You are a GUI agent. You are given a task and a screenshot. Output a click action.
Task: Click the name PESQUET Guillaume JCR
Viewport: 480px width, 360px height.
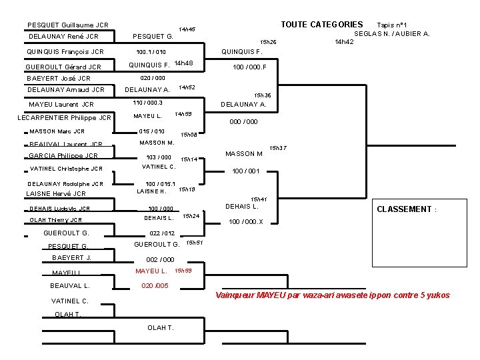click(x=67, y=25)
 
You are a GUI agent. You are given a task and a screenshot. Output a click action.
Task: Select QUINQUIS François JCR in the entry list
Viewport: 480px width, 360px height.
click(x=65, y=51)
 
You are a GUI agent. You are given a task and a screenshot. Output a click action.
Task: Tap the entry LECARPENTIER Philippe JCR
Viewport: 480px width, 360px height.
click(x=64, y=118)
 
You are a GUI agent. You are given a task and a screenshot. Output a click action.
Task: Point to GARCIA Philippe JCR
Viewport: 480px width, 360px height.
click(x=63, y=155)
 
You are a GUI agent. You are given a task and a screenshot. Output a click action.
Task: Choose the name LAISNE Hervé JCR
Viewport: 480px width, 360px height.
click(x=55, y=193)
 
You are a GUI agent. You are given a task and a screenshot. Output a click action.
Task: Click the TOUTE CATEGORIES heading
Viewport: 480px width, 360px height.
click(x=322, y=25)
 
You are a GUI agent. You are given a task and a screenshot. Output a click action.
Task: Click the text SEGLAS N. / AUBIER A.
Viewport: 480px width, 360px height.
click(x=392, y=33)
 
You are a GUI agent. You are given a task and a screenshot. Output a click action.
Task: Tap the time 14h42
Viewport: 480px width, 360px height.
click(x=344, y=41)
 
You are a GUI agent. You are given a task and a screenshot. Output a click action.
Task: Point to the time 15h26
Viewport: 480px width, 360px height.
click(x=268, y=42)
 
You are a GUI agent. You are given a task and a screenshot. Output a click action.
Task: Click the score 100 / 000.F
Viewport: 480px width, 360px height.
click(x=249, y=67)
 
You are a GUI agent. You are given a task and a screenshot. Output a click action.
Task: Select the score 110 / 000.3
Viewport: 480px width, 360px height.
click(x=148, y=103)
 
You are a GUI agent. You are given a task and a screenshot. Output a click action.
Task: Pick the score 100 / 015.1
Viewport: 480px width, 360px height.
click(x=161, y=183)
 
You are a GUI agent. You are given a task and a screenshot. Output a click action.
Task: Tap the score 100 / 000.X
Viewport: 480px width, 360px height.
click(x=246, y=222)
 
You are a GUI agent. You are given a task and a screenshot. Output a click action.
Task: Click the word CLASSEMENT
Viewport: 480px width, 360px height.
click(x=404, y=209)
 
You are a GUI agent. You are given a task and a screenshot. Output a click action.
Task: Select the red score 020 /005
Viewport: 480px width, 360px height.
click(x=155, y=285)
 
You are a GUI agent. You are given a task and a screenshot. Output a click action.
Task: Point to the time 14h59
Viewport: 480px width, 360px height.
click(x=183, y=114)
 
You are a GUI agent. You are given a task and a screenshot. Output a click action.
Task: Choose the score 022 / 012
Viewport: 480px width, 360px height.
click(x=162, y=233)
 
